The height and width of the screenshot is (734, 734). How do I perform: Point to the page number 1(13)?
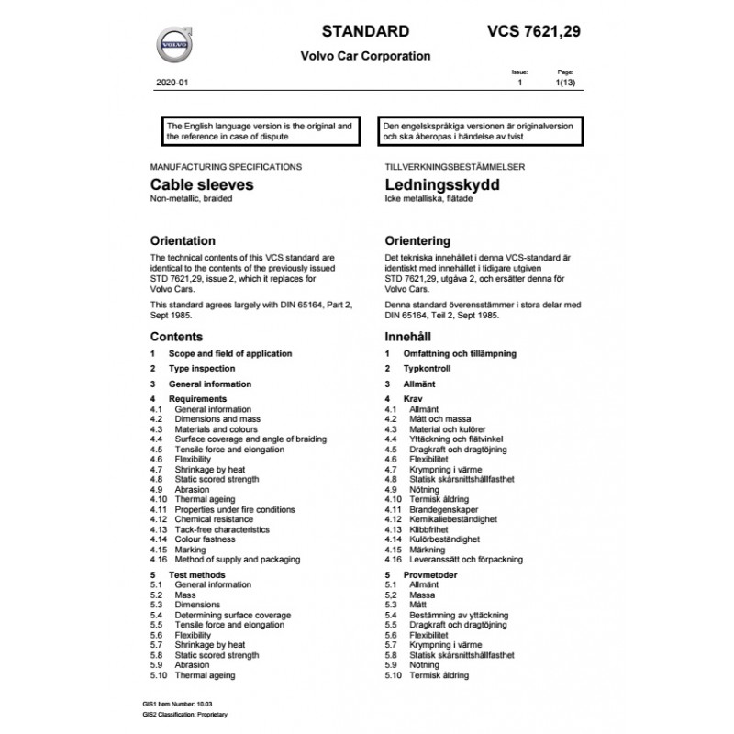pos(566,83)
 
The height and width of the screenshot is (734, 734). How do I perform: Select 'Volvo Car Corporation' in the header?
pos(365,56)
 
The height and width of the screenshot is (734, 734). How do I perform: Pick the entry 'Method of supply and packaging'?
pos(237,559)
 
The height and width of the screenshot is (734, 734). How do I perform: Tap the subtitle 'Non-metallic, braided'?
pos(192,199)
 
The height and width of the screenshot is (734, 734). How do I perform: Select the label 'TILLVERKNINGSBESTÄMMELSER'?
pos(444,168)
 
